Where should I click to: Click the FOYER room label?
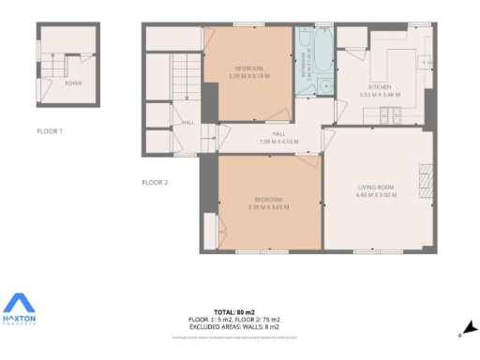(x=72, y=83)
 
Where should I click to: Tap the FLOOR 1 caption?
(x=50, y=131)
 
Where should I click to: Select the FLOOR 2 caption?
(x=155, y=182)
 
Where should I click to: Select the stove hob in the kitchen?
(x=393, y=117)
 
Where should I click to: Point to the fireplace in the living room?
(x=427, y=178)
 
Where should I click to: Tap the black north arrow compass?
(x=470, y=329)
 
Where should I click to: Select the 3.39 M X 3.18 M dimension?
(x=247, y=76)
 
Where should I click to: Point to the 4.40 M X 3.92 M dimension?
(x=376, y=194)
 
